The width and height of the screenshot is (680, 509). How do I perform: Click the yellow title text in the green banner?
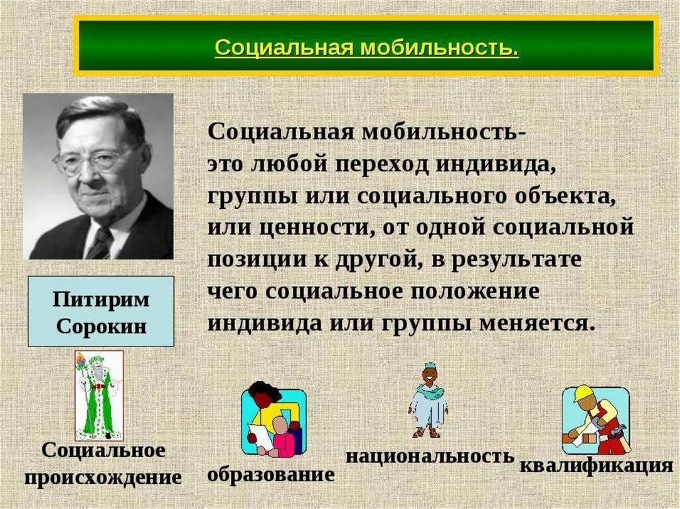tap(367, 49)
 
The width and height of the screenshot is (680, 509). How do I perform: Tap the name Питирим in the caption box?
tap(101, 299)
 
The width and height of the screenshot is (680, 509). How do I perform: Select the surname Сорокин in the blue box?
tap(101, 326)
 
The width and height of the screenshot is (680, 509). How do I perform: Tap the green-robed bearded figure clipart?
tap(99, 395)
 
